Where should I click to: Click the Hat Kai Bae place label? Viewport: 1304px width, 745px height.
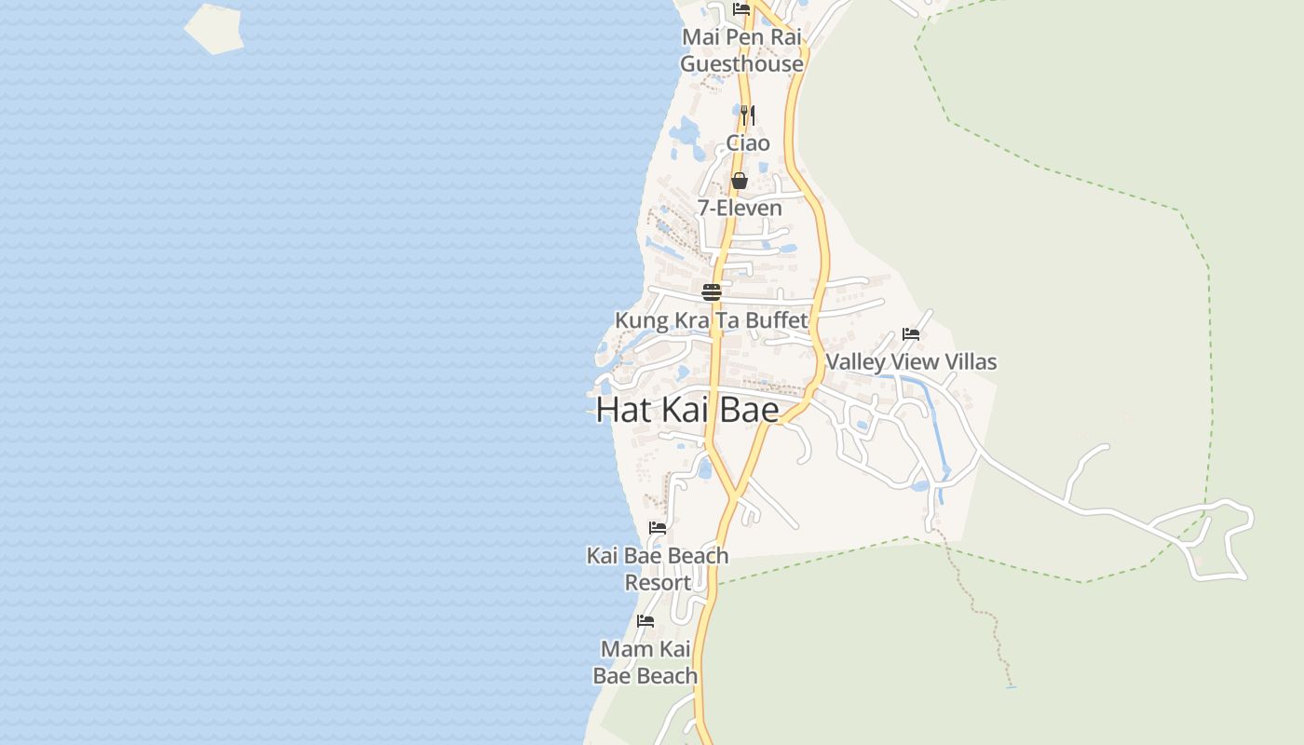(x=687, y=410)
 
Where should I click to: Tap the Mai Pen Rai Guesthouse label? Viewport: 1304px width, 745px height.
(x=741, y=50)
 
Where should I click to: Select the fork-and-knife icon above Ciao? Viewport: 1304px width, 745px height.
(x=748, y=115)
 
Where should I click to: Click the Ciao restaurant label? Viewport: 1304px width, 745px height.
(x=748, y=142)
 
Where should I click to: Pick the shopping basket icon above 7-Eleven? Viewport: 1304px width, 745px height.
(x=740, y=181)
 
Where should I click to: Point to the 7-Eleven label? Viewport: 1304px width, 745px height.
(x=740, y=208)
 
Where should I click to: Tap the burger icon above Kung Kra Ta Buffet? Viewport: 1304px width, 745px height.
(x=712, y=292)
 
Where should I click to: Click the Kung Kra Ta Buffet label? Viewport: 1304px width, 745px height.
(x=711, y=320)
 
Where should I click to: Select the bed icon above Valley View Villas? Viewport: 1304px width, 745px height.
(x=911, y=334)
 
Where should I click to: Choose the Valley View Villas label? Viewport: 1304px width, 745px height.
(x=911, y=361)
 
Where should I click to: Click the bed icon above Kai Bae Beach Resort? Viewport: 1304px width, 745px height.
(x=658, y=528)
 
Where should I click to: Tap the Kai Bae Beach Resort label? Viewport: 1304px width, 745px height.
(x=658, y=568)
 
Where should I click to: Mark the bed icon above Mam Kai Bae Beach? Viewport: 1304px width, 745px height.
(x=645, y=621)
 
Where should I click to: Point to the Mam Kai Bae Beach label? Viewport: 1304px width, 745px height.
(x=645, y=662)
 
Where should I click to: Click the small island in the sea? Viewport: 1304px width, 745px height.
(x=214, y=28)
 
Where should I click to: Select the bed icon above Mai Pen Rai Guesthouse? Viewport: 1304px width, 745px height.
(x=741, y=9)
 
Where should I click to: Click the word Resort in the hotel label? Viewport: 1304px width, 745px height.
(x=658, y=583)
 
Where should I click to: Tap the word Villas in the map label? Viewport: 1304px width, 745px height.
(x=971, y=361)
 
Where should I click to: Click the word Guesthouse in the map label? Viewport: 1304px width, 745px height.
(x=741, y=64)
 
